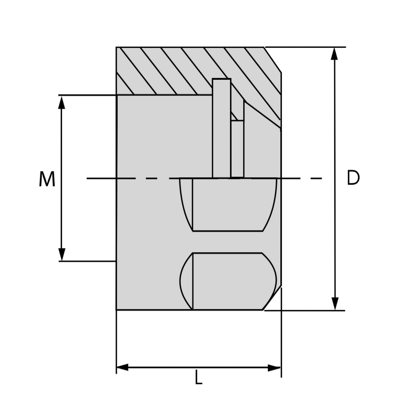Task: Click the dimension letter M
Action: pyautogui.click(x=47, y=179)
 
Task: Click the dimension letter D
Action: pyautogui.click(x=353, y=177)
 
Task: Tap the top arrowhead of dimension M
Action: pyautogui.click(x=61, y=103)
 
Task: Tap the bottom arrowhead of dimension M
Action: pyautogui.click(x=61, y=254)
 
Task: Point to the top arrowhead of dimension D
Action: pyautogui.click(x=335, y=54)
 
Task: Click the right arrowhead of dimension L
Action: pyautogui.click(x=274, y=368)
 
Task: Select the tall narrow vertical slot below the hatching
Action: pyautogui.click(x=222, y=128)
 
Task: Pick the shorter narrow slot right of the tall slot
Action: pyautogui.click(x=237, y=149)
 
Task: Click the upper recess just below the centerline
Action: pyautogui.click(x=228, y=204)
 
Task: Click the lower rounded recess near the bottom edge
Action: pyautogui.click(x=228, y=281)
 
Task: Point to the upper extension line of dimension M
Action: pyautogui.click(x=87, y=95)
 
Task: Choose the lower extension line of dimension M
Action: pyautogui.click(x=87, y=261)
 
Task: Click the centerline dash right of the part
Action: pyautogui.click(x=316, y=178)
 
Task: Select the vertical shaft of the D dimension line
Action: pyautogui.click(x=335, y=179)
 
